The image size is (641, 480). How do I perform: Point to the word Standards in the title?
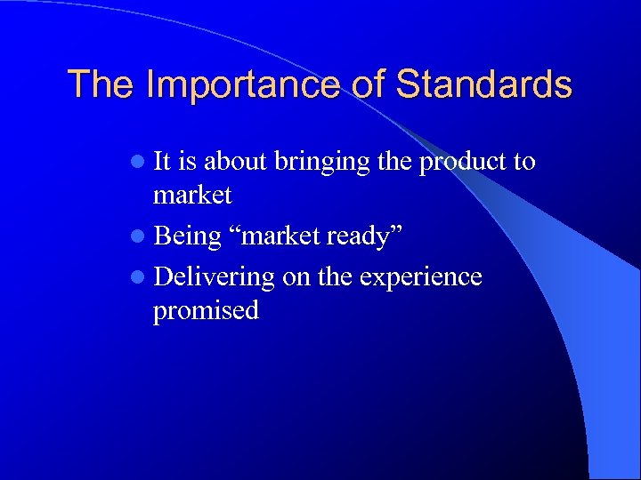tap(484, 84)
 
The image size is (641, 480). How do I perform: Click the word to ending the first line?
tap(524, 162)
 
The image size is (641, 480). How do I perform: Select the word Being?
tap(187, 237)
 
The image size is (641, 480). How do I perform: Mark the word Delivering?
tap(215, 278)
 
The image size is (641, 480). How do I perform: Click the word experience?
tap(420, 278)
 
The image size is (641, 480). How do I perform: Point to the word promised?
tap(206, 311)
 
